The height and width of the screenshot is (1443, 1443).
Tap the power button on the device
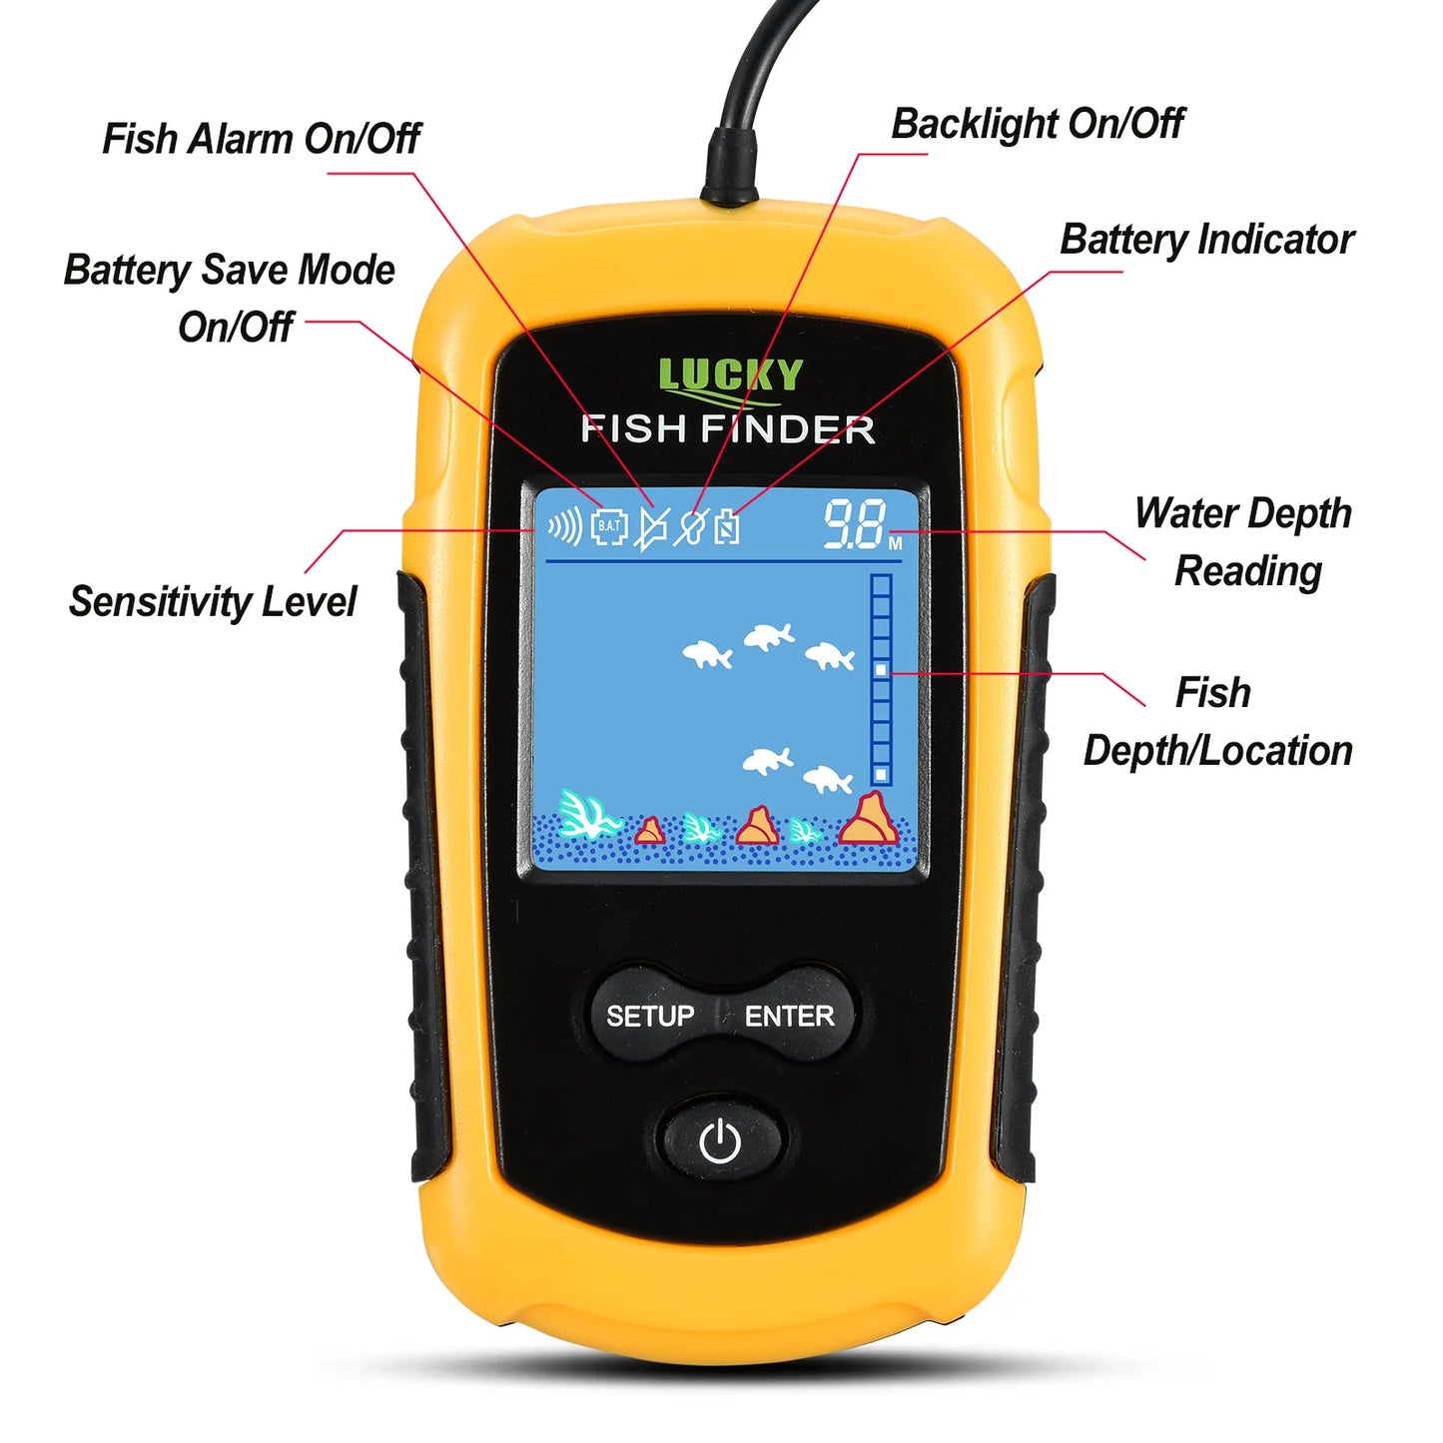coord(720,1140)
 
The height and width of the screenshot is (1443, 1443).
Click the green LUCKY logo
coord(730,376)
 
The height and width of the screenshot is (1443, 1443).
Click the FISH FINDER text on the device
coord(728,429)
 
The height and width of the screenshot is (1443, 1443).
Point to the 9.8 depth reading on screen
coord(855,525)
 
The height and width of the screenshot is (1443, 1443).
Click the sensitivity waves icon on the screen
coord(565,525)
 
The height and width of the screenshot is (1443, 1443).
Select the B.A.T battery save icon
coord(609,526)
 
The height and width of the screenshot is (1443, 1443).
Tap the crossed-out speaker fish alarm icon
coord(651,527)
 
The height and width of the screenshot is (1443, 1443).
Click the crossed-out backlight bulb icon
coord(690,526)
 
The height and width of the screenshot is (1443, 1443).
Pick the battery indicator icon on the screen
coord(727,525)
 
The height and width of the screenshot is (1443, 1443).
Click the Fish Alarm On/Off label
coord(261,139)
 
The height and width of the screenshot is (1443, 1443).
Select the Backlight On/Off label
coord(1037,124)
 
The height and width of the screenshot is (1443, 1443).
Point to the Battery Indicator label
coord(1206,240)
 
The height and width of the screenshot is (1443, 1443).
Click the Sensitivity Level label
coord(212,601)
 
